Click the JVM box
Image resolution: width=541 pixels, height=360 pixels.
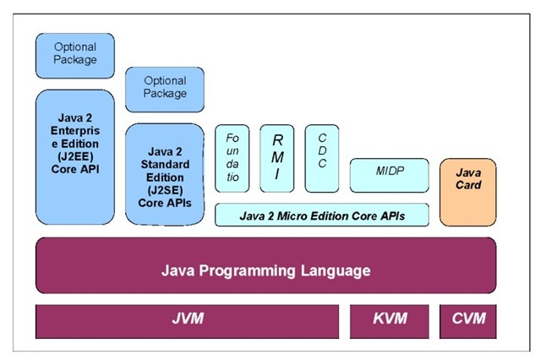pos(187,319)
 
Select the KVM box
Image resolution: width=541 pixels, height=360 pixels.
pos(389,319)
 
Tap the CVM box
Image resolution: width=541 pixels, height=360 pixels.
pos(467,319)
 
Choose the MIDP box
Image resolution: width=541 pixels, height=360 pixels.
pos(389,172)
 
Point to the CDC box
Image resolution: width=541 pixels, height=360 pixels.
pos(322,157)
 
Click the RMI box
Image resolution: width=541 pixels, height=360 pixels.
pos(276,157)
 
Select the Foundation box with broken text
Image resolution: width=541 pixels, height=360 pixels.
pos(233,157)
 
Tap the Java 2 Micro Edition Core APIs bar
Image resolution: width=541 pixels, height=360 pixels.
pos(322,215)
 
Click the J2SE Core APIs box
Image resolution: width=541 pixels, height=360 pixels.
pos(164,174)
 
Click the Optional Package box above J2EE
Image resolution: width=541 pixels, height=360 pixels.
pos(74,54)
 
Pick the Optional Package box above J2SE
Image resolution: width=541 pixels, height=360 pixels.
pos(164,88)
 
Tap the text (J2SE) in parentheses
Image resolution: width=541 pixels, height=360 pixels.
pos(164,190)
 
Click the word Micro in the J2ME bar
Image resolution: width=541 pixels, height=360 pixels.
pos(295,215)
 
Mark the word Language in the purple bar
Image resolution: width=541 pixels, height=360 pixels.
pos(338,271)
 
